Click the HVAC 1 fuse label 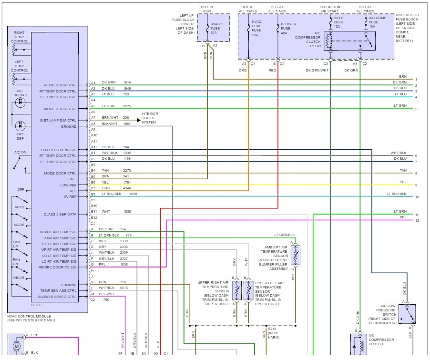[216, 28]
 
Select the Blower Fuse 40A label [288, 29]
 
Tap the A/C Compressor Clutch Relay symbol [349, 41]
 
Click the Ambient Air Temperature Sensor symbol [296, 256]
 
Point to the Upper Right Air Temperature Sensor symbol [236, 290]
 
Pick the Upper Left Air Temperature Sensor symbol [248, 290]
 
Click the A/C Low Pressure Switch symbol [407, 314]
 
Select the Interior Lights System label [150, 118]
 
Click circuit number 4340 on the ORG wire [127, 188]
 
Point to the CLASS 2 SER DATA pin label [60, 214]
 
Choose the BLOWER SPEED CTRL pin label [57, 297]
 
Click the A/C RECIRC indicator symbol [20, 103]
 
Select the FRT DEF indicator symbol [20, 126]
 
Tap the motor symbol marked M [17, 346]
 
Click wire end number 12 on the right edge [417, 220]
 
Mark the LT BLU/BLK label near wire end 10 [397, 194]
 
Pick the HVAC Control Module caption [31, 319]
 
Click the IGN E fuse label [338, 22]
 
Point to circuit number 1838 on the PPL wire [124, 265]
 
